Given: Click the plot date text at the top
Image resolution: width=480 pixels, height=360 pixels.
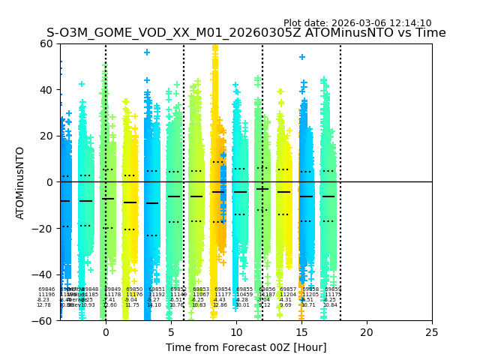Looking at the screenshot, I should pyautogui.click(x=357, y=23).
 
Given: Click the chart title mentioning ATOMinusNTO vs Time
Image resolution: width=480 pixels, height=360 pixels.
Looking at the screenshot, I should pyautogui.click(x=246, y=33).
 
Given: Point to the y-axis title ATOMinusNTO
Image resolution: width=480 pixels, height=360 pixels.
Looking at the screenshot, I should pyautogui.click(x=20, y=182).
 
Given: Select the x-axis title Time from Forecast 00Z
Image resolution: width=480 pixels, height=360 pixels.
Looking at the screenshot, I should pyautogui.click(x=246, y=347).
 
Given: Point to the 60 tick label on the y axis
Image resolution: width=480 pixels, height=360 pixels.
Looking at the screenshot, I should pyautogui.click(x=46, y=43).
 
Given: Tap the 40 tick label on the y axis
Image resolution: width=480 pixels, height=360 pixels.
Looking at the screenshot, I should pyautogui.click(x=46, y=90).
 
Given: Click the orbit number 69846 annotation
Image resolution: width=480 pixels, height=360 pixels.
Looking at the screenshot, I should pyautogui.click(x=46, y=289).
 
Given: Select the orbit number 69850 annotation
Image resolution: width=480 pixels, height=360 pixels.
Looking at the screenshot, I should pyautogui.click(x=134, y=289).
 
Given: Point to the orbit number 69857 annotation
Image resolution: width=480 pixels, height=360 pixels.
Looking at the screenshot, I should pyautogui.click(x=288, y=289).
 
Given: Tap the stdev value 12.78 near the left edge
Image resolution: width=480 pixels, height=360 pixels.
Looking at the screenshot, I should pyautogui.click(x=43, y=305).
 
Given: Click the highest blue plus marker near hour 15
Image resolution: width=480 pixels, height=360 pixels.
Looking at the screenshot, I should pyautogui.click(x=302, y=57).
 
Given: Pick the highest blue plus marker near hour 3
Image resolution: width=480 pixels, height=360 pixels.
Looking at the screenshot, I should pyautogui.click(x=147, y=52).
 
